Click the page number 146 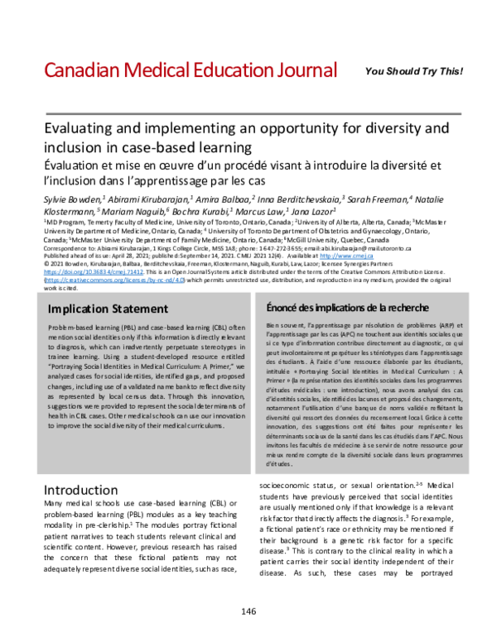click(x=248, y=611)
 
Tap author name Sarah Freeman click(x=380, y=199)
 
